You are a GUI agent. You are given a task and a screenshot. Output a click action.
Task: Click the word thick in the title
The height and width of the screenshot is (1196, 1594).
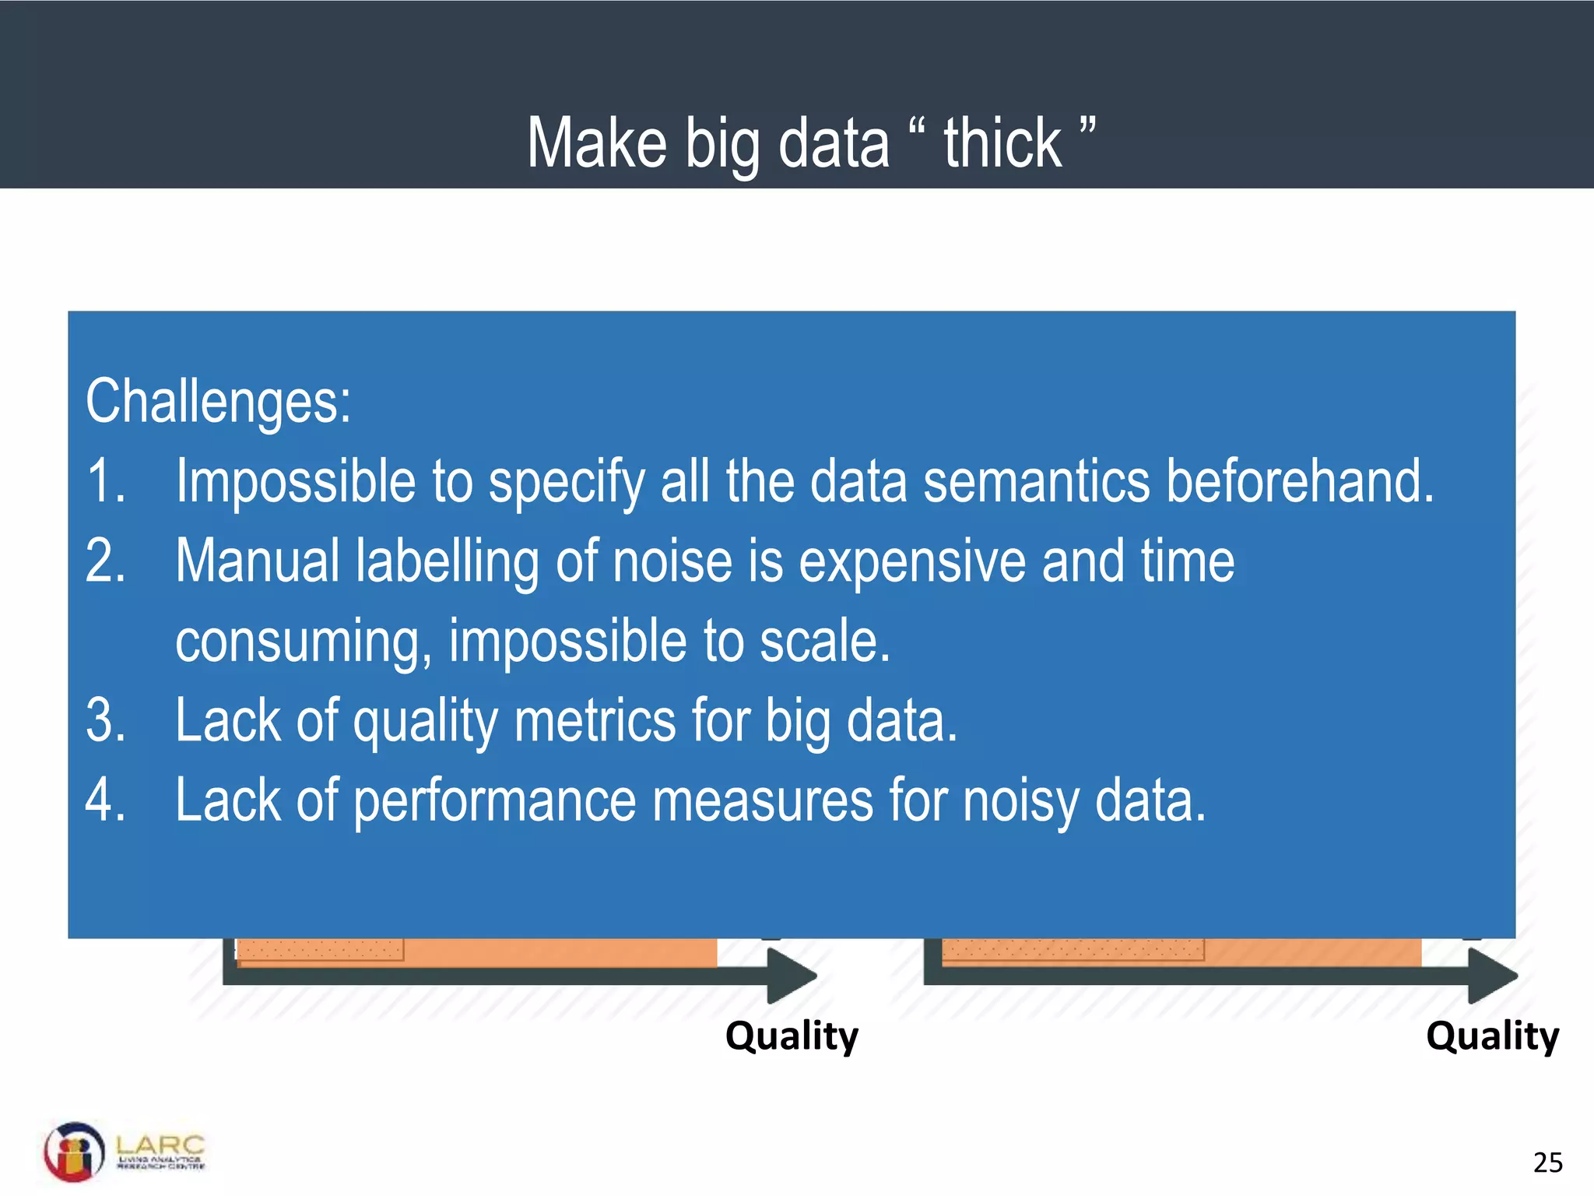pos(1002,143)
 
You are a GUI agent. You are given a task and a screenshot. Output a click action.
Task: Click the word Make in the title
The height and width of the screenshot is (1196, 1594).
pos(597,143)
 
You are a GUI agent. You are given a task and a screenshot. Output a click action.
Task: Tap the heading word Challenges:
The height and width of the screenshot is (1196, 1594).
pos(218,402)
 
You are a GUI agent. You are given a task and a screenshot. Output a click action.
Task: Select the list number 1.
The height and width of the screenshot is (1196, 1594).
pos(105,481)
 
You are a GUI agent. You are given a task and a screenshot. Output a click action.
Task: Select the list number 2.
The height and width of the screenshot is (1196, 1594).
pos(105,561)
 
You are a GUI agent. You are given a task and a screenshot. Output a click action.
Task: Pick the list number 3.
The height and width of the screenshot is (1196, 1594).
pos(105,720)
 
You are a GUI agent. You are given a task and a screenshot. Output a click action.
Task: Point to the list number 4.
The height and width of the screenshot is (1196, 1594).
pos(105,800)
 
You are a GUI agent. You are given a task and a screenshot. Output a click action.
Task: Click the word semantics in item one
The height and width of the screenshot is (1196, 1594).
pos(1036,481)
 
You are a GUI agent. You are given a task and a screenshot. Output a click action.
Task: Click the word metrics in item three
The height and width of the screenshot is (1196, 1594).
pos(595,720)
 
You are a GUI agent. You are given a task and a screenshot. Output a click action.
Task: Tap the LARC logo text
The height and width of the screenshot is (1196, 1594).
pos(160,1145)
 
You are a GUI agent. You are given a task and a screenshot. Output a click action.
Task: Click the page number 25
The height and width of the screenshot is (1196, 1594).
pos(1547,1163)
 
